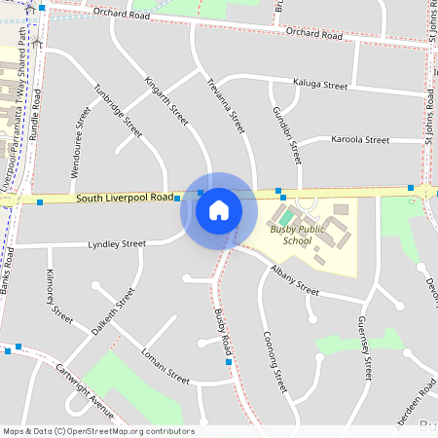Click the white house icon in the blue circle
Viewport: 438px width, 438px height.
pos(219,210)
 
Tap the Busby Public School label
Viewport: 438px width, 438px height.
pos(298,235)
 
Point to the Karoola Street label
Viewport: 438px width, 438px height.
pos(360,140)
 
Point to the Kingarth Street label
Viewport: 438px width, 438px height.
pos(165,100)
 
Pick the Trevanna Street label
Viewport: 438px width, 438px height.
pos(225,105)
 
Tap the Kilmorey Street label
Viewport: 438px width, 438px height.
pos(59,294)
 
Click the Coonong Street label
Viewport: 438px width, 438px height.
pos(274,360)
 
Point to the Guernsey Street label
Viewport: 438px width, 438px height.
pos(365,347)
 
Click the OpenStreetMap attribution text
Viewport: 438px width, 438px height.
pos(97,431)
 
